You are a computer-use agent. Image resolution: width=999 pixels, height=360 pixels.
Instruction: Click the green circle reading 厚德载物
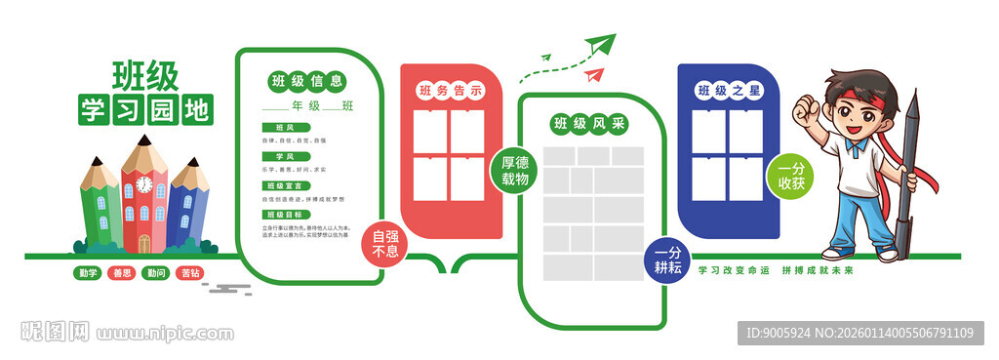coord(514,171)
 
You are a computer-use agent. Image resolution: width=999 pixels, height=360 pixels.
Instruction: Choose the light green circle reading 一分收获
coord(791,176)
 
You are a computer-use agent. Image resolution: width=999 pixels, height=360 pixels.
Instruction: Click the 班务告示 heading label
coord(451,91)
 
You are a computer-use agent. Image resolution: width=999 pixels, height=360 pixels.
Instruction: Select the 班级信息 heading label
coord(306,81)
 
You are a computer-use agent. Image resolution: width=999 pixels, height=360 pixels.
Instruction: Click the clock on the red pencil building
coord(144,183)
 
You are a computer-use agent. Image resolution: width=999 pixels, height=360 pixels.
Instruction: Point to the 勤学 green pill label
coord(88,273)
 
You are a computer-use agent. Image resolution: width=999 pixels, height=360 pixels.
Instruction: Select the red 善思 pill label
coord(121,273)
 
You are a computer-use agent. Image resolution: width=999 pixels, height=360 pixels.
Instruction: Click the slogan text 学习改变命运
coord(731,270)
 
